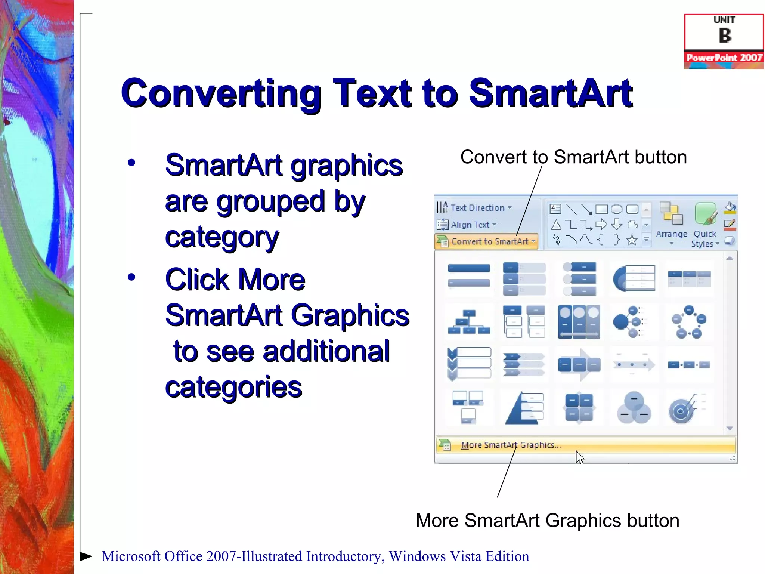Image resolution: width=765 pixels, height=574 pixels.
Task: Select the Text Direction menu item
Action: pos(474,208)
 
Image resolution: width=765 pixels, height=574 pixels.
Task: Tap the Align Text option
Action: pos(467,225)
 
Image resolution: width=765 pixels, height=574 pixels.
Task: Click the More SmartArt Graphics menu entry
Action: pos(510,445)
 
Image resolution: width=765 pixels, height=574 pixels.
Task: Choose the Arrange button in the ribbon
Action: pos(671,224)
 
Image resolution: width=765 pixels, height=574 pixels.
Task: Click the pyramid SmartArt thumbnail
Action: pos(524,408)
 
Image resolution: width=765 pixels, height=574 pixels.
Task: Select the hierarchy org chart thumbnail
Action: pos(469,322)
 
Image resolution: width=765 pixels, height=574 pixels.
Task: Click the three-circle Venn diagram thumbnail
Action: pos(634,408)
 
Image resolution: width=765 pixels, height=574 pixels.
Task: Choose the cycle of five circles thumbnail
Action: pos(689,322)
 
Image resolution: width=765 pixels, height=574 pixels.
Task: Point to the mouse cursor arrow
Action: pos(579,456)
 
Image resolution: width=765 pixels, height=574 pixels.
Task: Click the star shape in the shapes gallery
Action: pos(632,240)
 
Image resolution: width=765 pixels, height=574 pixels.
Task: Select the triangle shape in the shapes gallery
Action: pos(556,225)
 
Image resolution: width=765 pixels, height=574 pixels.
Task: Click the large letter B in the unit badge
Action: pos(725,36)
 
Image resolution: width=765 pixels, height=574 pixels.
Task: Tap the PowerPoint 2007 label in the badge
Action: pos(724,58)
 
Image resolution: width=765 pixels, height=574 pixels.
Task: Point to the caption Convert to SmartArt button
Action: pos(573,157)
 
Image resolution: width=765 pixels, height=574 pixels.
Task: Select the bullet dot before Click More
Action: pos(131,277)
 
